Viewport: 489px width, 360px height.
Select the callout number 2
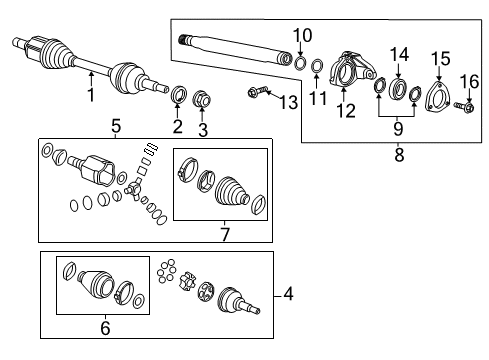tap(177, 126)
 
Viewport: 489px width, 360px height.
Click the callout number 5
tap(115, 128)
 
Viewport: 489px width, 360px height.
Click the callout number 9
tap(397, 128)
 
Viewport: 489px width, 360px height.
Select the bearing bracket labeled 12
tap(349, 71)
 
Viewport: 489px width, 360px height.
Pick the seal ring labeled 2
tap(178, 96)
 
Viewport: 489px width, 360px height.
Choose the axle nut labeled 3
tap(201, 98)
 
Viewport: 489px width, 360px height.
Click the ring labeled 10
tap(301, 64)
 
